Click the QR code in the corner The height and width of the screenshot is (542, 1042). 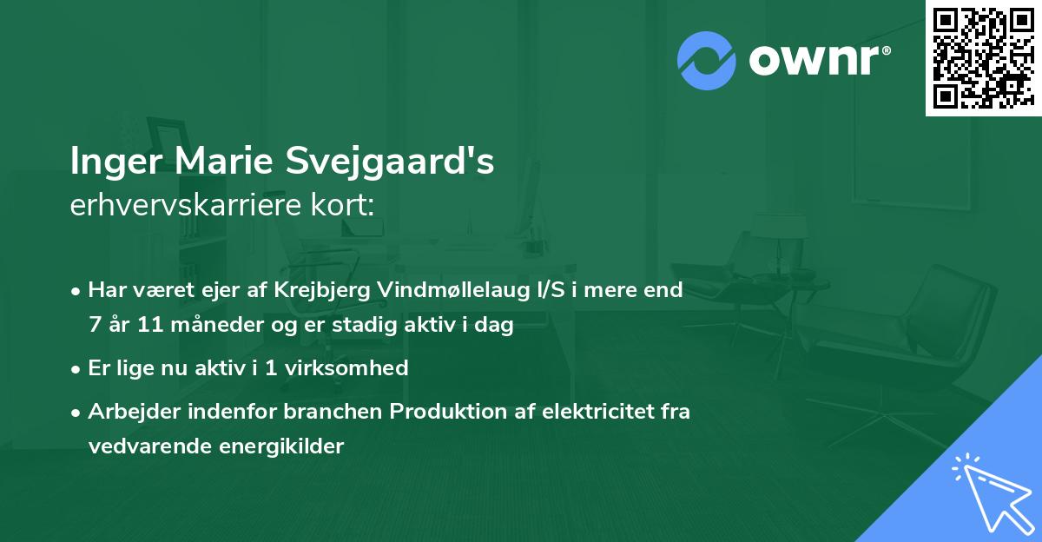click(982, 57)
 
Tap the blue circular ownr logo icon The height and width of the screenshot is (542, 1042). click(706, 61)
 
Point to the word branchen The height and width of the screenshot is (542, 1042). click(340, 411)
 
